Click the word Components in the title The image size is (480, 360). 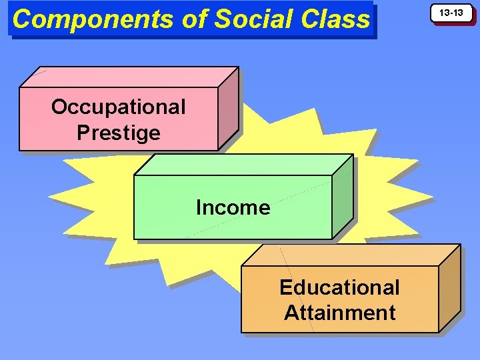coord(94,19)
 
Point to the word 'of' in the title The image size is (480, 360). coord(194,19)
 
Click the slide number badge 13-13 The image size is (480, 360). coord(454,13)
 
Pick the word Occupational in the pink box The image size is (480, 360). coord(118,107)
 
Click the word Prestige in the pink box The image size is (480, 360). coord(118,133)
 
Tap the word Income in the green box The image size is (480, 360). coord(233,207)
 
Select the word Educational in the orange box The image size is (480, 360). coord(339,287)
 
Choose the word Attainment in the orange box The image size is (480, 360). coord(339,312)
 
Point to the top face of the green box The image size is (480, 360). coord(243,165)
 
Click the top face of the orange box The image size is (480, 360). coord(350,255)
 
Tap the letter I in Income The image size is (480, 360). coord(199,207)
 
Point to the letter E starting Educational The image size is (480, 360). coord(285,287)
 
